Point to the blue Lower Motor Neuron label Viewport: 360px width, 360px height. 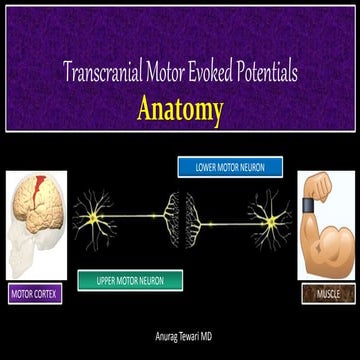[230, 167]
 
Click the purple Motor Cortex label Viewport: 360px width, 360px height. [35, 295]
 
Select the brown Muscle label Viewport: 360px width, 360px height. [326, 295]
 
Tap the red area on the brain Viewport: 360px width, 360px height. [40, 189]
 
